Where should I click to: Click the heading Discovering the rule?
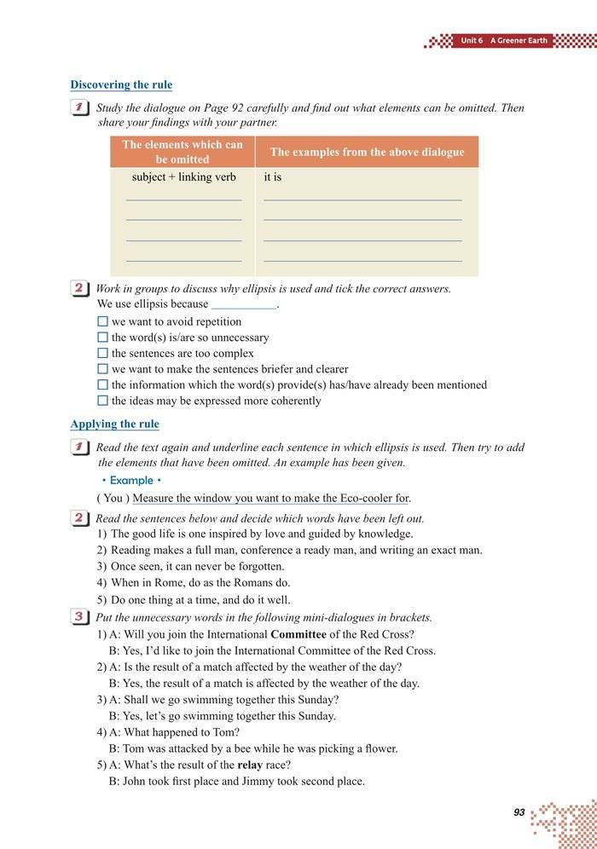point(121,85)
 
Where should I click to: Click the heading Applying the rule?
point(114,424)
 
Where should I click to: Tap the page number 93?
point(519,812)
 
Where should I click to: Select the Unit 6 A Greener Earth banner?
point(503,41)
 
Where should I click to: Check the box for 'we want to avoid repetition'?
point(103,322)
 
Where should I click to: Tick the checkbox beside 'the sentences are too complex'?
point(103,353)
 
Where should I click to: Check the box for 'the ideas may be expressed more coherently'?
point(103,401)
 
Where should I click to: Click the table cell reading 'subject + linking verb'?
point(183,178)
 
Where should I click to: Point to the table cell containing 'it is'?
point(273,178)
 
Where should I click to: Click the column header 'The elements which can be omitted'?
point(183,152)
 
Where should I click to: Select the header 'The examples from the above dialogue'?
point(367,152)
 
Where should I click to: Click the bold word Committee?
point(298,634)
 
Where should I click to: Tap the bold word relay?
point(250,765)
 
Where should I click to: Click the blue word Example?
point(131,481)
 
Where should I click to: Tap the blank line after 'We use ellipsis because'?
point(244,304)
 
